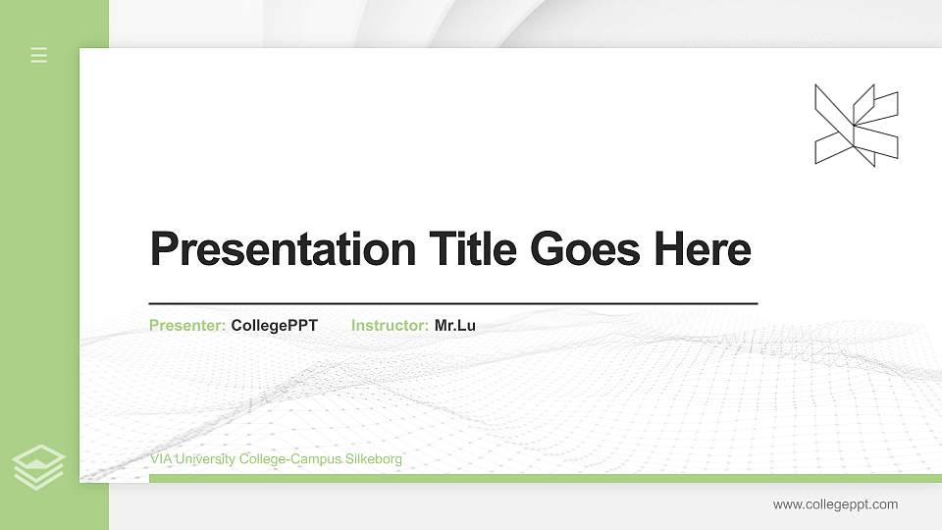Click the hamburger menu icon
[39, 55]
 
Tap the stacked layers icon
[39, 467]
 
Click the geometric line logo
[857, 125]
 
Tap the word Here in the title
[702, 249]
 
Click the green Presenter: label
[187, 326]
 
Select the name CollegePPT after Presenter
[274, 326]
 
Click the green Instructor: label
[390, 326]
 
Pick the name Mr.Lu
[454, 326]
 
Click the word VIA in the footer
[161, 459]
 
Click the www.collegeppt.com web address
[835, 504]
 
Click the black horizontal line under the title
[453, 304]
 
